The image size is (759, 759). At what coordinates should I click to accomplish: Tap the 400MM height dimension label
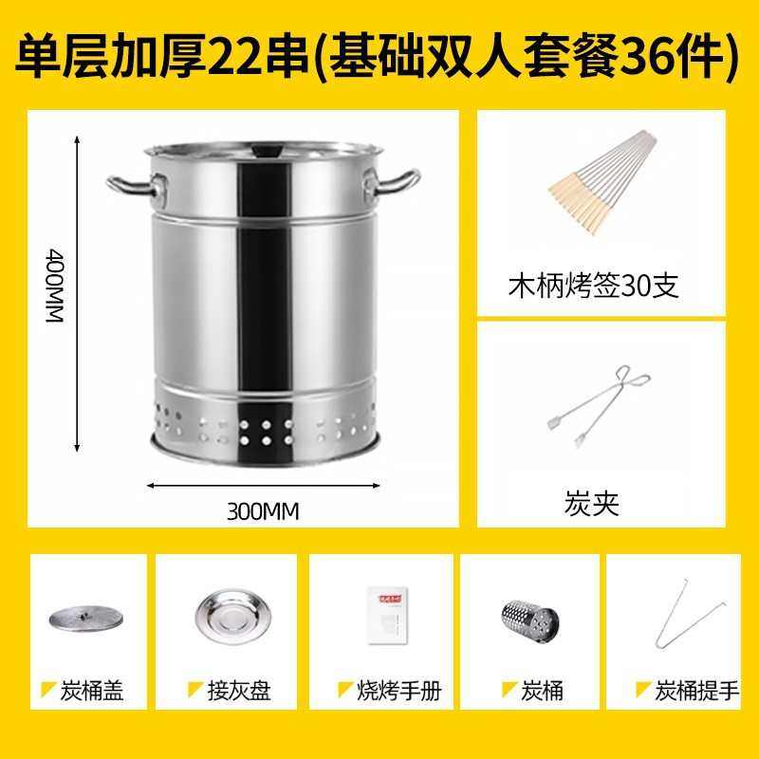[54, 287]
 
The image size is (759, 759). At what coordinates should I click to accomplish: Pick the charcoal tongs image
[598, 405]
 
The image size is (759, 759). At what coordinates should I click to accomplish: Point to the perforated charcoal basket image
[529, 618]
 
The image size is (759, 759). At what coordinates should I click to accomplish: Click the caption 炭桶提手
[696, 690]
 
